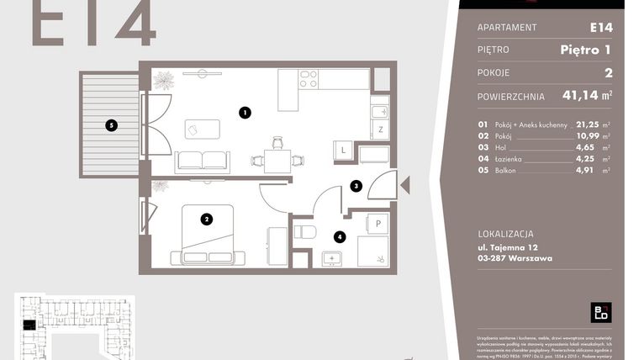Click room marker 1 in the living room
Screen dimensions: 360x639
pos(244,112)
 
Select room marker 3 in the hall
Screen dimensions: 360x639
pos(356,187)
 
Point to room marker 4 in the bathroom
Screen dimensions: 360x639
pos(339,237)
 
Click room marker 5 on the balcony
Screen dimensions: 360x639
pos(111,127)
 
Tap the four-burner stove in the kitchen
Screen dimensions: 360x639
pos(308,79)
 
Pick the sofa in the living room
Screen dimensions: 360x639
pos(202,161)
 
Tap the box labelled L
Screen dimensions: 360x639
pos(344,151)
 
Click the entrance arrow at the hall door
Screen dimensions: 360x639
pos(404,184)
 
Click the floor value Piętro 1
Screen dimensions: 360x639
pos(586,50)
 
